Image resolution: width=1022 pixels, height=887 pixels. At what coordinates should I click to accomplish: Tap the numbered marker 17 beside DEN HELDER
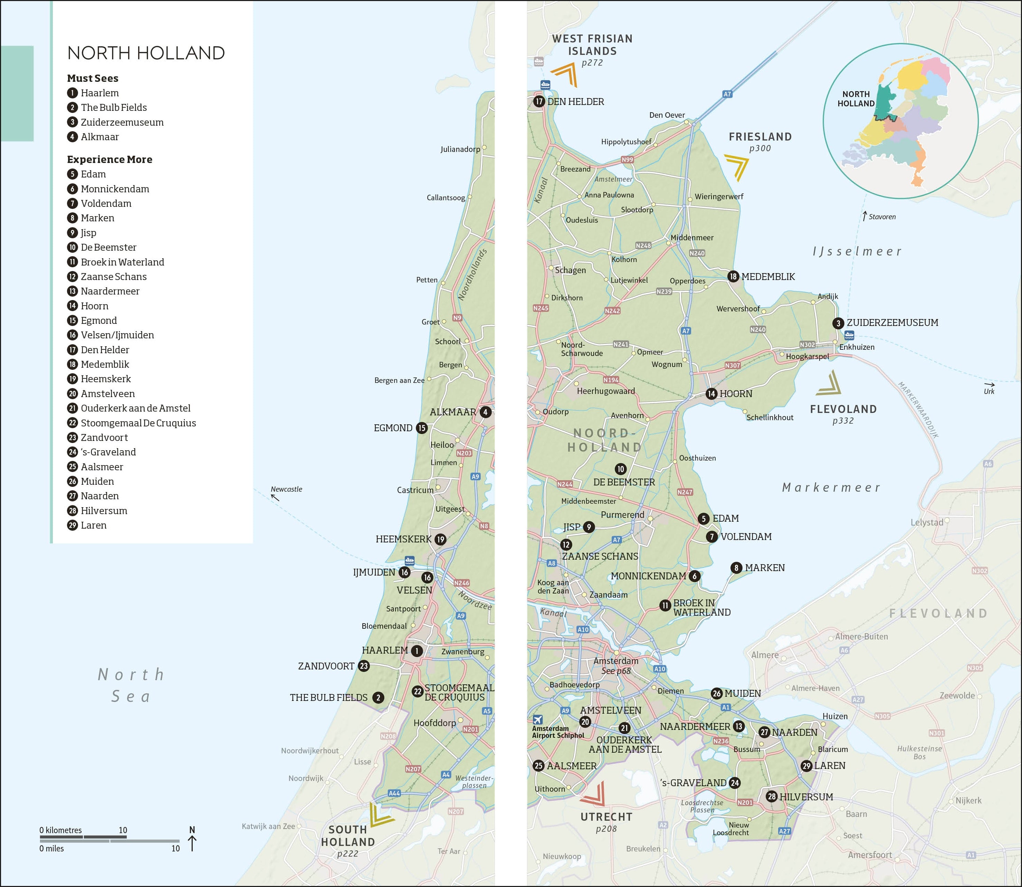pyautogui.click(x=539, y=102)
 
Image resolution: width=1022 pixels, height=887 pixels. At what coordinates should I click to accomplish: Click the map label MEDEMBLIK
pyautogui.click(x=768, y=277)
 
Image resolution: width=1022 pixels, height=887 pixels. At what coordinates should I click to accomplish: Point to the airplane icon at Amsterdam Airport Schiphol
pyautogui.click(x=538, y=720)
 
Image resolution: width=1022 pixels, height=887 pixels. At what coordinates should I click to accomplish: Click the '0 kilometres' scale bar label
pyautogui.click(x=60, y=830)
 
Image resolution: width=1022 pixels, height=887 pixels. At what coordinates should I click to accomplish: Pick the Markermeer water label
pyautogui.click(x=831, y=488)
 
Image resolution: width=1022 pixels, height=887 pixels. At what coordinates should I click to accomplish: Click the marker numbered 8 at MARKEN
pyautogui.click(x=736, y=568)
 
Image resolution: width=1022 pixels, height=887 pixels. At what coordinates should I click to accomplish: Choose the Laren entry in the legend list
pyautogui.click(x=93, y=525)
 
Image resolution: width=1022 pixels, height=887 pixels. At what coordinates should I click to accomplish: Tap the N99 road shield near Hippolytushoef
pyautogui.click(x=627, y=160)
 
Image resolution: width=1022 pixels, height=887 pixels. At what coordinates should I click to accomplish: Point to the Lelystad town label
pyautogui.click(x=926, y=522)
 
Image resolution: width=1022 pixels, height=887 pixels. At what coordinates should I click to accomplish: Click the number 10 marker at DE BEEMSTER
pyautogui.click(x=620, y=469)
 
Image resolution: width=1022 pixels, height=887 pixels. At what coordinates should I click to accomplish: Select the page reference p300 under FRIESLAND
pyautogui.click(x=760, y=148)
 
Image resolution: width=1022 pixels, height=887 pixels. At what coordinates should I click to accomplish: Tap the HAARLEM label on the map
pyautogui.click(x=385, y=650)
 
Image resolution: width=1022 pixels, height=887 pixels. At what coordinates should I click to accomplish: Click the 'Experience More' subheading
pyautogui.click(x=109, y=160)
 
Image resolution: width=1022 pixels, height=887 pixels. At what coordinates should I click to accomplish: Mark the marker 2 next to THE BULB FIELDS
pyautogui.click(x=378, y=697)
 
